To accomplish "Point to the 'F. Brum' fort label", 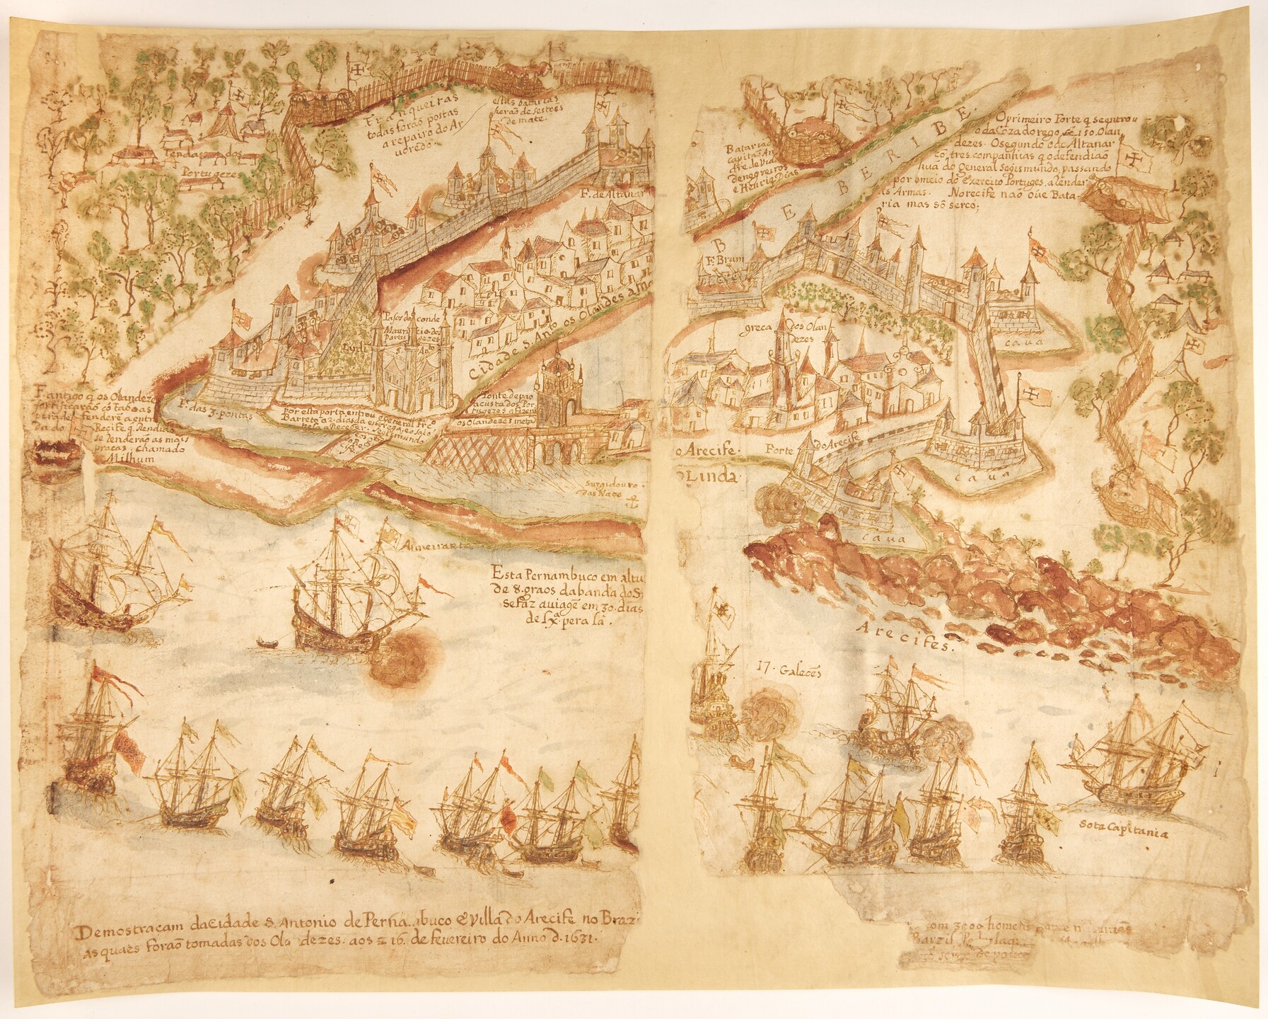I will [722, 259].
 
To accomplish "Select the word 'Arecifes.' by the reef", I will [907, 634].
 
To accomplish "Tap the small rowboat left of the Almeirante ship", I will [266, 643].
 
